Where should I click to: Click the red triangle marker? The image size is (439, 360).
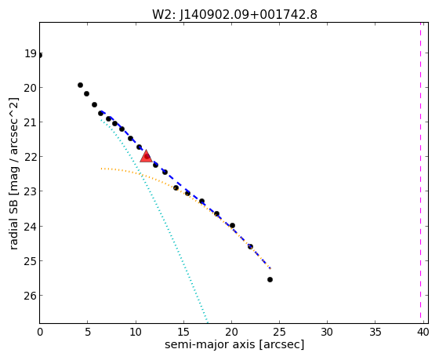click(146, 156)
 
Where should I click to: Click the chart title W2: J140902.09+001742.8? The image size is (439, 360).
click(234, 15)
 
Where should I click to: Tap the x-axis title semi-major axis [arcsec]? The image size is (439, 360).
click(234, 344)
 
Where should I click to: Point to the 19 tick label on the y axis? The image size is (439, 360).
click(31, 53)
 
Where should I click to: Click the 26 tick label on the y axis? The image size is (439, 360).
click(31, 296)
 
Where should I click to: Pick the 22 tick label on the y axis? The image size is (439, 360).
click(31, 157)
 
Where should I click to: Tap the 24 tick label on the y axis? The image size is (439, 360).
click(31, 226)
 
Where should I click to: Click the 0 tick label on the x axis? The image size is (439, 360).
click(40, 333)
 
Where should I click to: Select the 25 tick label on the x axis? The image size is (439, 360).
click(279, 333)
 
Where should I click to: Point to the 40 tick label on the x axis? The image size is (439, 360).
click(423, 333)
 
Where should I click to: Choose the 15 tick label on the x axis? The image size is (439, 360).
click(183, 333)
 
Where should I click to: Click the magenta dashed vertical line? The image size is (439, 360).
click(420, 170)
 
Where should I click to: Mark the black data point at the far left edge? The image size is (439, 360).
click(40, 55)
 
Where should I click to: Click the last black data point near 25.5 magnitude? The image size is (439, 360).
click(270, 279)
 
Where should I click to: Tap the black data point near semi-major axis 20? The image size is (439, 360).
click(232, 226)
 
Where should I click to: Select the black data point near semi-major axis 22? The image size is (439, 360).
click(250, 246)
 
